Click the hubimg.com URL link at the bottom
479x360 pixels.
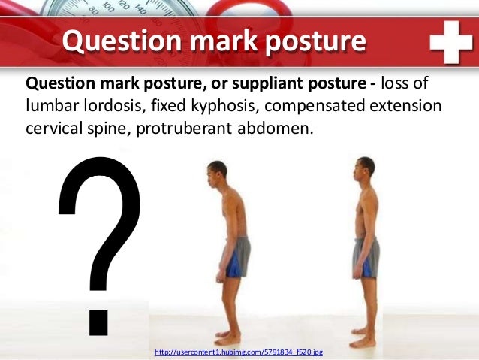click(238, 352)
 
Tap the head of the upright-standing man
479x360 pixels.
click(365, 169)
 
